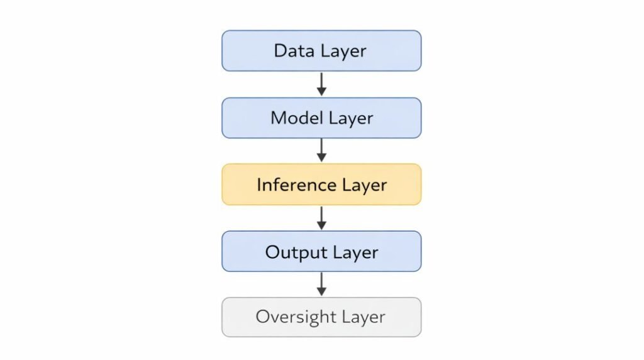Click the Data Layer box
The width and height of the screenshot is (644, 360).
click(x=321, y=50)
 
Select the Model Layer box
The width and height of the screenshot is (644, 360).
click(x=321, y=118)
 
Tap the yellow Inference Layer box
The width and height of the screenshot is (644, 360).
click(x=321, y=184)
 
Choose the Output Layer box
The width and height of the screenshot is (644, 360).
click(x=321, y=251)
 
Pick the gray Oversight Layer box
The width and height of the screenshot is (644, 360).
click(x=321, y=317)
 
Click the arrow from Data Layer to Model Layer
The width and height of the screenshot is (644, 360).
click(x=321, y=84)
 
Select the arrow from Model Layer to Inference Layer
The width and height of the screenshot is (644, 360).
click(x=321, y=150)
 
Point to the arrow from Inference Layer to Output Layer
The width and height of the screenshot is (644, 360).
click(x=321, y=217)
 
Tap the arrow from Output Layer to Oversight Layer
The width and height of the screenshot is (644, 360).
click(x=321, y=284)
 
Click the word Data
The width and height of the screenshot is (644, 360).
click(x=293, y=50)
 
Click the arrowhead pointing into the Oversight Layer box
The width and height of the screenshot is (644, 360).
click(x=321, y=291)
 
